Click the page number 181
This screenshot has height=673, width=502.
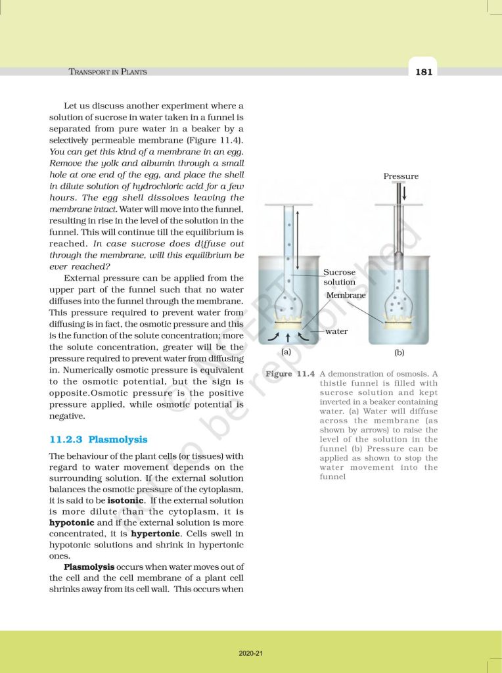point(424,72)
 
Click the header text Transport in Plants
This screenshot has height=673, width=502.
point(108,72)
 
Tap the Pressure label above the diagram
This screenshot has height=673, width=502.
point(401,176)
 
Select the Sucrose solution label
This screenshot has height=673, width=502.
point(339,277)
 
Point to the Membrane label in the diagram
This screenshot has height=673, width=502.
point(346,296)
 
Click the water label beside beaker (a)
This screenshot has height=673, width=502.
point(336,332)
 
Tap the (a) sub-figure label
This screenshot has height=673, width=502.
point(286,352)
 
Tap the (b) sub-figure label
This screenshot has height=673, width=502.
point(399,353)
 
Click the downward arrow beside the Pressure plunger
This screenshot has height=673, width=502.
point(405,193)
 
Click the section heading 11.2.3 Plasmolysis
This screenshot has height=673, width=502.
point(99,439)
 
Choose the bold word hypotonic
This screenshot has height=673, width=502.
point(74,522)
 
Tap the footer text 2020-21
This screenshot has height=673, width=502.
point(251,653)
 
